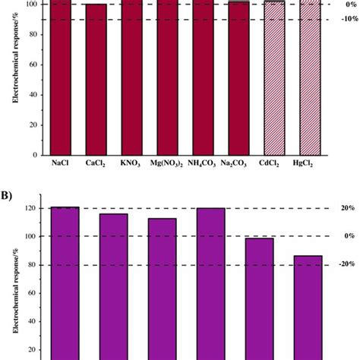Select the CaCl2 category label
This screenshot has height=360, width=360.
96,162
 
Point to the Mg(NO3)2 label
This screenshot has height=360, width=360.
171,162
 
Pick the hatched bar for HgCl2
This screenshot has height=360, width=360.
311,76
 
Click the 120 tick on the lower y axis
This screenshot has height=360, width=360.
27,208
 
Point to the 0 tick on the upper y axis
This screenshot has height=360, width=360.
33,154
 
